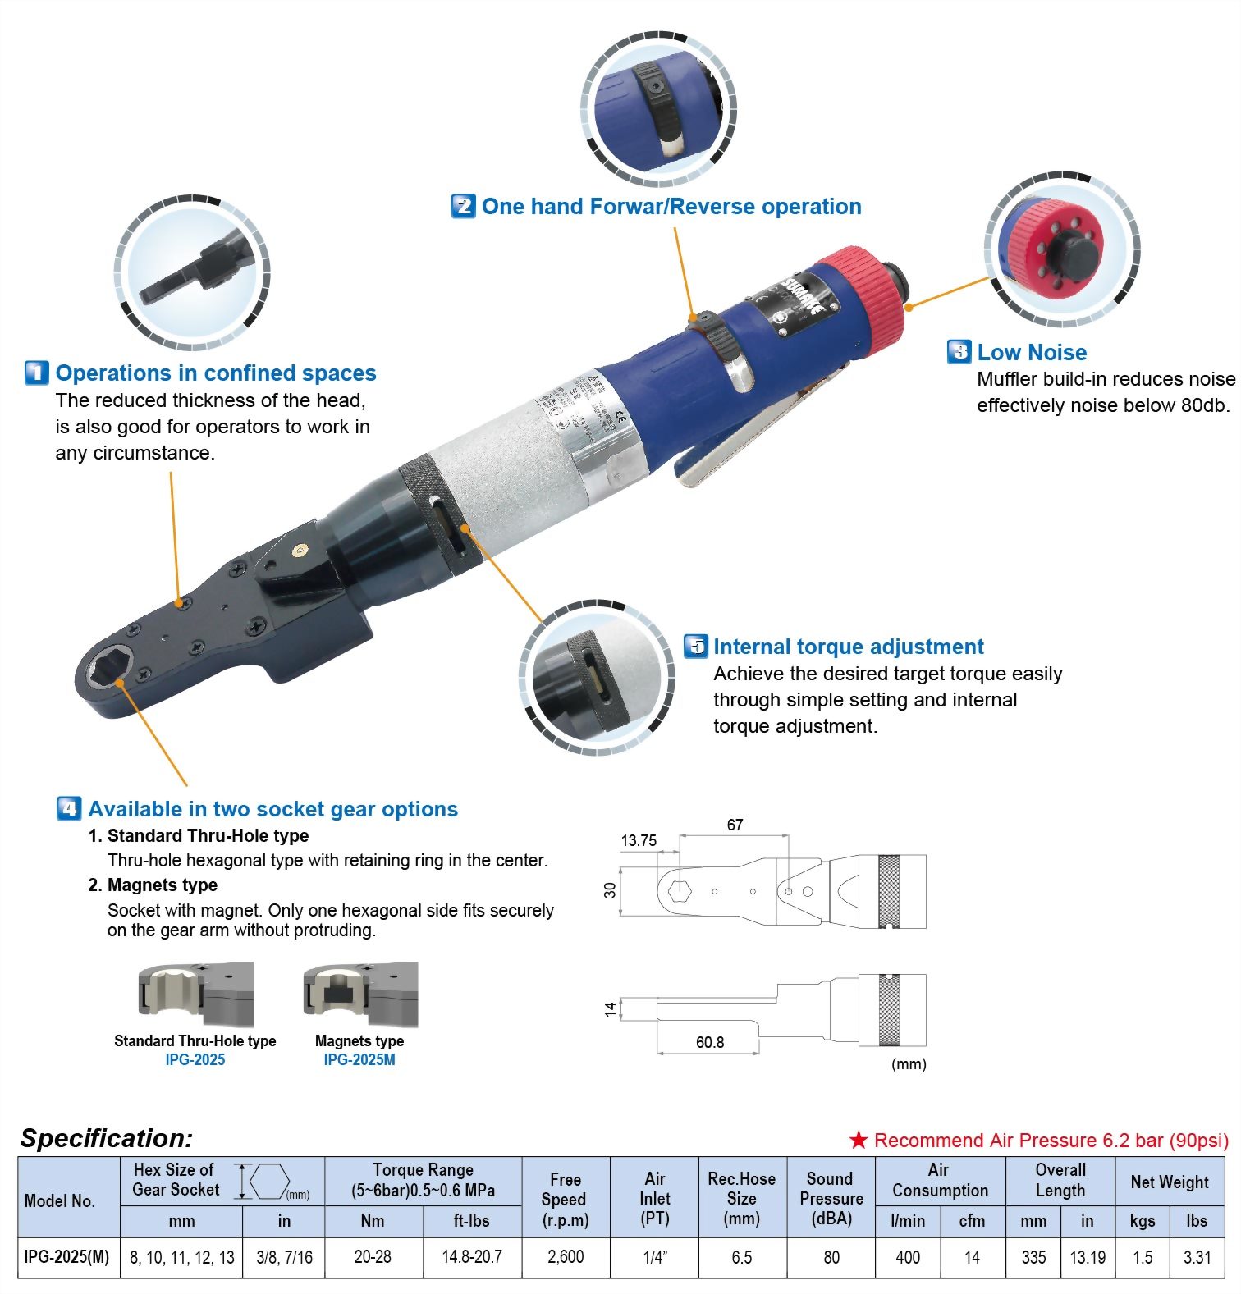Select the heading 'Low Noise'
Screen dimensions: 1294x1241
pos(1032,353)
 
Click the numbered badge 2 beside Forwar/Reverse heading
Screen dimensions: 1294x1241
pos(463,206)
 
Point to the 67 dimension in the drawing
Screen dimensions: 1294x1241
pos(735,825)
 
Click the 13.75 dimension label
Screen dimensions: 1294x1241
pos(639,840)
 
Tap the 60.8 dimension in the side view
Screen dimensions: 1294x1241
pos(710,1042)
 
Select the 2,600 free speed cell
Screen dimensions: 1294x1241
pos(566,1257)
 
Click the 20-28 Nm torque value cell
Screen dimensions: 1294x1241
pos(373,1257)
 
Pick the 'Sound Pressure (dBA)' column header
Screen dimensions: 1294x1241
pos(831,1199)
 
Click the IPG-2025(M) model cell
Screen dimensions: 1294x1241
pos(67,1257)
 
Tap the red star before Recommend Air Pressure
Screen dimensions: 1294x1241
pos(859,1141)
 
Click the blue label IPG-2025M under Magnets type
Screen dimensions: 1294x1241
pos(359,1060)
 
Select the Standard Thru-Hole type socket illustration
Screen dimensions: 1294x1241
pos(195,995)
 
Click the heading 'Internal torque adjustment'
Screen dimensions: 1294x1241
pos(848,647)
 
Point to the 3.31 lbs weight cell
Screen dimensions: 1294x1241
pos(1197,1257)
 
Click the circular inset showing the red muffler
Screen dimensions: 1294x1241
pos(1061,250)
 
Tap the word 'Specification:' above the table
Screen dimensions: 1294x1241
pos(107,1138)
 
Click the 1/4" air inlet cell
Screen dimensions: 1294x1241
pos(654,1257)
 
